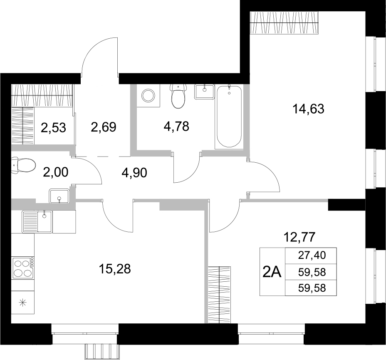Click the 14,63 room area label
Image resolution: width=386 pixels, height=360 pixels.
click(x=308, y=109)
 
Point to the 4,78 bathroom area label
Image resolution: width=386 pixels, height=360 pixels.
click(x=176, y=126)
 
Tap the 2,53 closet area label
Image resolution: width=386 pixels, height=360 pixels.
click(x=53, y=127)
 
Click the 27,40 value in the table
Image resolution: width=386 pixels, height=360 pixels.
click(x=311, y=255)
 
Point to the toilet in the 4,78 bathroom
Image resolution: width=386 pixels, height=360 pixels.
click(x=178, y=96)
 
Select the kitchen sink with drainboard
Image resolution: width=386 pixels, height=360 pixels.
click(x=37, y=221)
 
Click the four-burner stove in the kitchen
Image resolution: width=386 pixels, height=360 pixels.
click(x=23, y=268)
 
